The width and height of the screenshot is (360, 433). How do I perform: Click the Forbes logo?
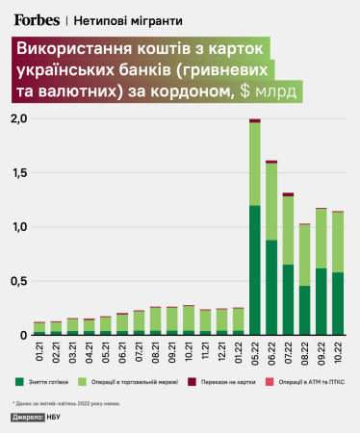38,18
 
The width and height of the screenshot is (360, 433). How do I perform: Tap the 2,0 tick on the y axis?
18,119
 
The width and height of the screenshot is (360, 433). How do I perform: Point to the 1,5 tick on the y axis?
18,173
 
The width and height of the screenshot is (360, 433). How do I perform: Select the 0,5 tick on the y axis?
18,281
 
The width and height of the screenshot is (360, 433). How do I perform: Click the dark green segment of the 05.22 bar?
255,270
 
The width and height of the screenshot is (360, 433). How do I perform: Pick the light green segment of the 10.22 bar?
338,242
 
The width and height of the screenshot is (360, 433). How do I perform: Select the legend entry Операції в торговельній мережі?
143,382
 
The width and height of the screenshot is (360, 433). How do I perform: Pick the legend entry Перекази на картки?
231,382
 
